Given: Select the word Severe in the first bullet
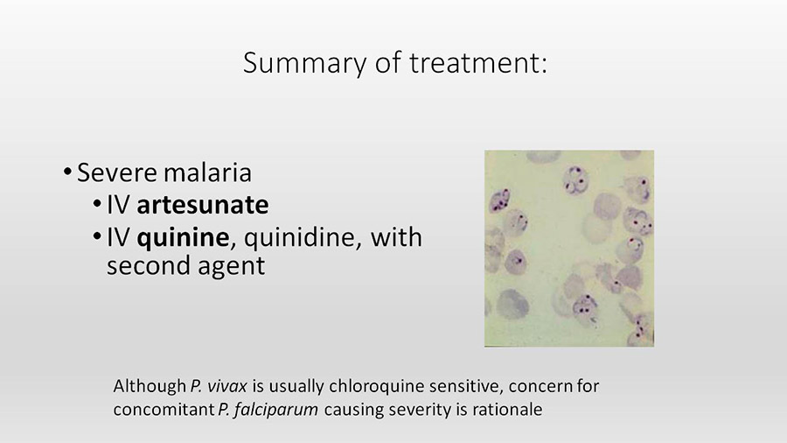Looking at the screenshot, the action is click(x=117, y=172).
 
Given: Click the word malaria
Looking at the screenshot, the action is click(x=207, y=172).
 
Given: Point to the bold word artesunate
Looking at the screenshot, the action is click(x=203, y=205).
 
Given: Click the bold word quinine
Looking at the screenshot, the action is click(x=184, y=237).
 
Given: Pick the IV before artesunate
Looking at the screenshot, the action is click(x=118, y=205).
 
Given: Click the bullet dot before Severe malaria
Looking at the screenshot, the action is click(x=67, y=172).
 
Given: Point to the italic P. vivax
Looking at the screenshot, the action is click(x=219, y=386).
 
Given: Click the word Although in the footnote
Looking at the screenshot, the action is click(x=150, y=386).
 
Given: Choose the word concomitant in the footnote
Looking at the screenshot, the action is click(x=164, y=410).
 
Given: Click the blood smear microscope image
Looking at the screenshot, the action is click(x=569, y=248).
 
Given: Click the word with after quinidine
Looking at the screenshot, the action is click(x=396, y=237).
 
